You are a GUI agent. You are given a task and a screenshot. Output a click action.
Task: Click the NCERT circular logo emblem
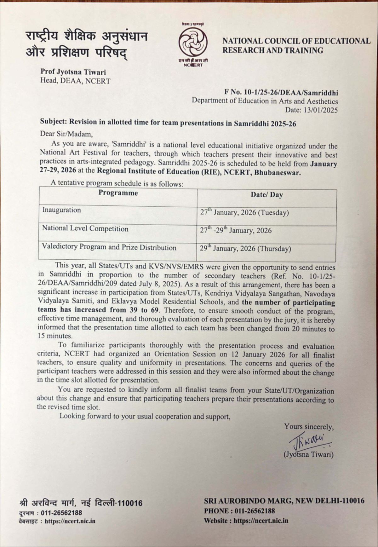(193, 42)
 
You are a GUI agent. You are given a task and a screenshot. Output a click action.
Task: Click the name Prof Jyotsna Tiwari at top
(73, 72)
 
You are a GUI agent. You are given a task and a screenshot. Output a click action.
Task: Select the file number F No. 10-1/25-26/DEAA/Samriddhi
(281, 93)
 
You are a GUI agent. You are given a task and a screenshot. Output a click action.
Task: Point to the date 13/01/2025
(320, 110)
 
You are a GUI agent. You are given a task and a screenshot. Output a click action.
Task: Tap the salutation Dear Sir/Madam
(66, 134)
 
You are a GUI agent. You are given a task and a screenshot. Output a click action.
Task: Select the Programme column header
(118, 193)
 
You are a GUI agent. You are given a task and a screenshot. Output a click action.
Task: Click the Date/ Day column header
(266, 195)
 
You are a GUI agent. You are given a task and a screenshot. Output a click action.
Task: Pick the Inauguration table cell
(62, 210)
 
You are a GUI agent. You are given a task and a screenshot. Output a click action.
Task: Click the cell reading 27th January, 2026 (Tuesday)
(244, 212)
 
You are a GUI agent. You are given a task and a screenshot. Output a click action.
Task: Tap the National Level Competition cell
(85, 228)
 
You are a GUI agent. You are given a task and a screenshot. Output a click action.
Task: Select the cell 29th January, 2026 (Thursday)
(245, 249)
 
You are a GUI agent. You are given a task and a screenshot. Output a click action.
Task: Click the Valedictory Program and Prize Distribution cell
(109, 247)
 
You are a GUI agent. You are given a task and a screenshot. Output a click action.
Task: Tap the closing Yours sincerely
(309, 427)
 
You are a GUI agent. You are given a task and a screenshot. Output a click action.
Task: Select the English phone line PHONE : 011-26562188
(239, 511)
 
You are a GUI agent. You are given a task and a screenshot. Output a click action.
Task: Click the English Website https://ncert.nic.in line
(246, 521)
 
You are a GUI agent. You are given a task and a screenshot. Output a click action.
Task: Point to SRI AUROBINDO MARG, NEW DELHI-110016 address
(284, 501)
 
